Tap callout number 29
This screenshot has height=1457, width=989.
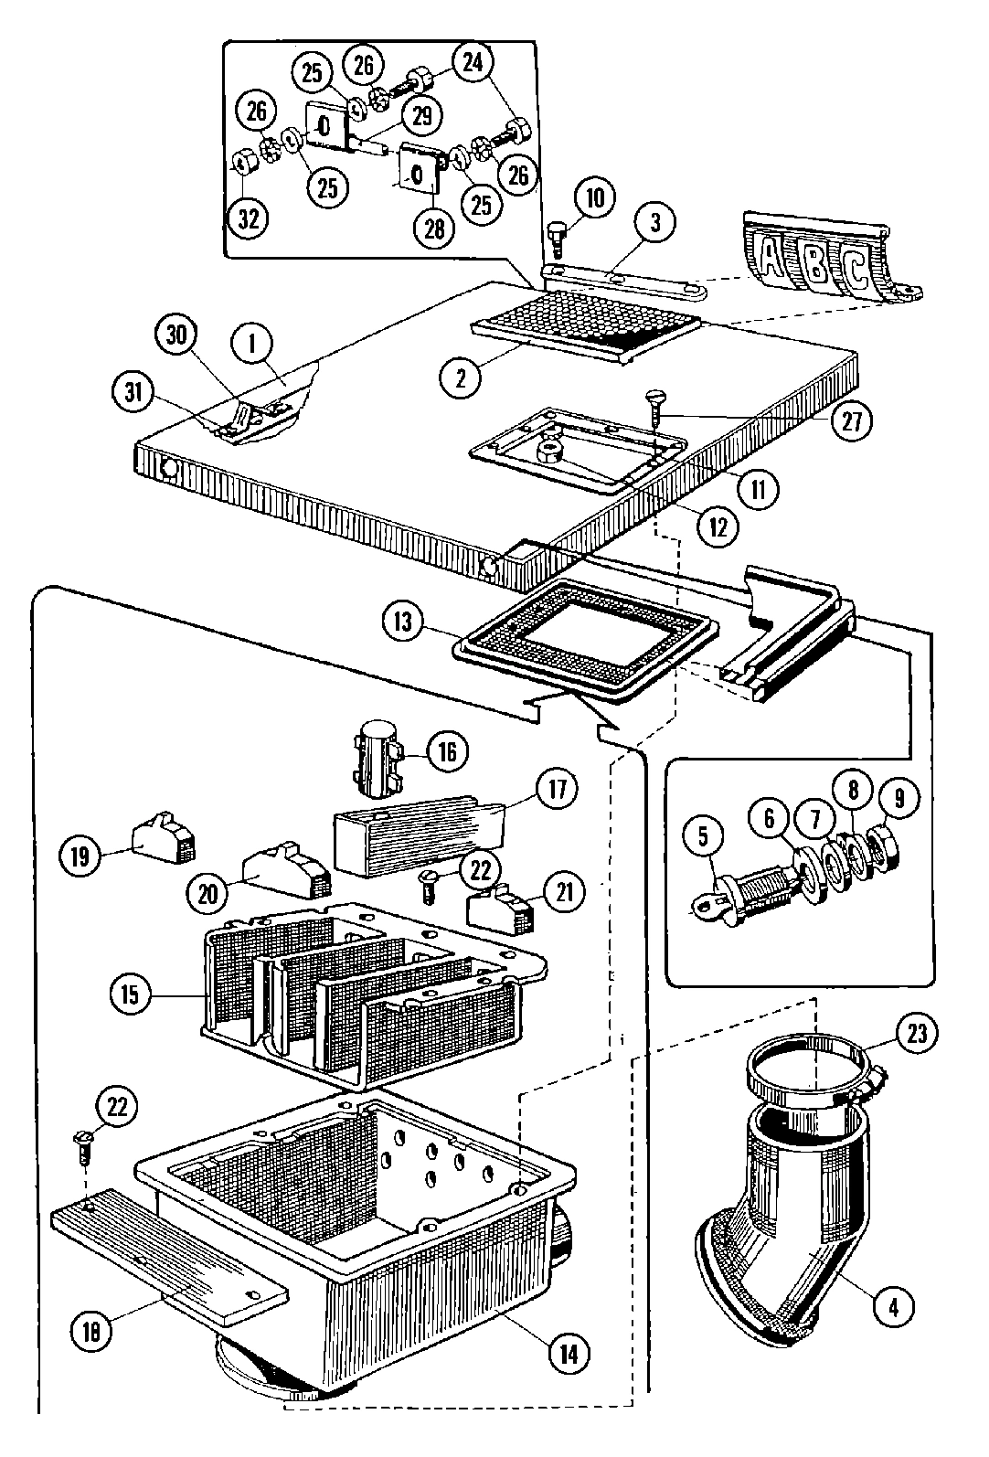(421, 115)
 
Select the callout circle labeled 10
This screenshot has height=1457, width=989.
(595, 199)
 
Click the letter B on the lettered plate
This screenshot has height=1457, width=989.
(814, 259)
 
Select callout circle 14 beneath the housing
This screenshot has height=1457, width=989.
(569, 1352)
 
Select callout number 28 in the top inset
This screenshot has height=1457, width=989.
(434, 228)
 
